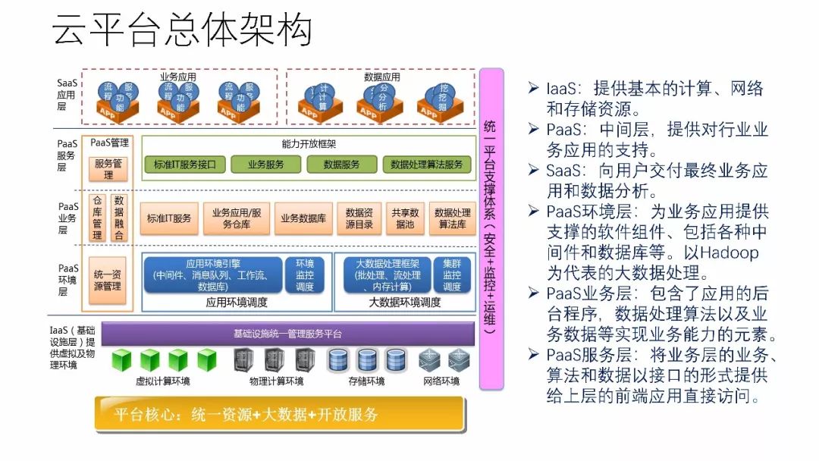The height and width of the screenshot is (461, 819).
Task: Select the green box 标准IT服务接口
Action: click(185, 165)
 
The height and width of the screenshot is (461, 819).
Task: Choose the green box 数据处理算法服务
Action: click(426, 165)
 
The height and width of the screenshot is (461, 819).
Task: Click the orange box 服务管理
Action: click(108, 169)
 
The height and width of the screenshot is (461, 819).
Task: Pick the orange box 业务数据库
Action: click(303, 218)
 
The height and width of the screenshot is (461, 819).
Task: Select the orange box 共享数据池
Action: click(404, 218)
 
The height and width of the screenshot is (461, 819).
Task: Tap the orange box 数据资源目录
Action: click(359, 218)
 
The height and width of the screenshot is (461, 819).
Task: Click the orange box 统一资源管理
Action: click(108, 281)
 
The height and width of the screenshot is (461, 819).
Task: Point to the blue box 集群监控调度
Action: click(452, 275)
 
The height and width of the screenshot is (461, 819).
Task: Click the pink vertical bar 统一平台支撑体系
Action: click(491, 227)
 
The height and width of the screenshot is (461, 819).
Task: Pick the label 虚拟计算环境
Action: click(162, 381)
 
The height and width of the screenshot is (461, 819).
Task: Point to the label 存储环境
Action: click(366, 381)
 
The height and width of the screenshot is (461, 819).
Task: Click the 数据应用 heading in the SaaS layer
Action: click(381, 77)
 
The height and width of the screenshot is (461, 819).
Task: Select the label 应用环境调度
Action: click(236, 302)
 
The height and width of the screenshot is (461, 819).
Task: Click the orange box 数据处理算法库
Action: click(452, 218)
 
